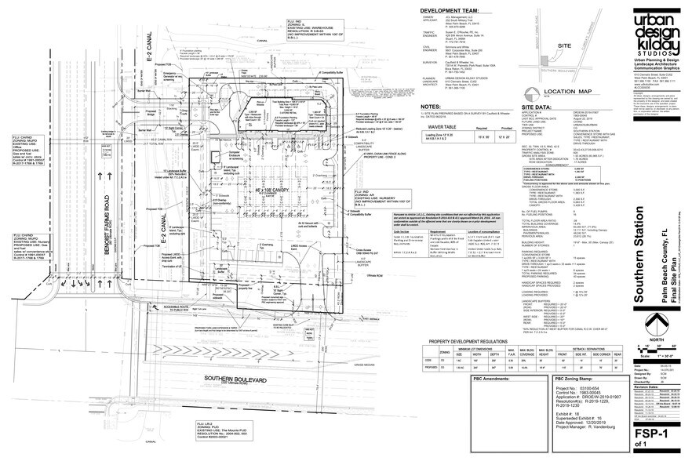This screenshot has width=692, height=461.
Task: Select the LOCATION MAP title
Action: [566, 92]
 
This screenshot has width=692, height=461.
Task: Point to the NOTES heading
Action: [432, 105]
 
